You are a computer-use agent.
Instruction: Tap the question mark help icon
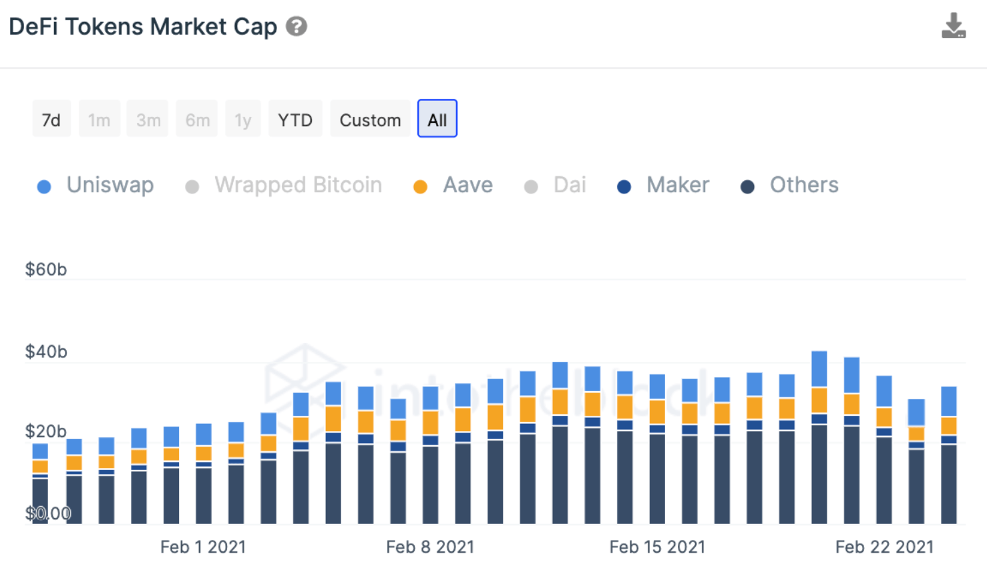click(297, 27)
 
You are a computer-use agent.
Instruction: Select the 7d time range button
click(51, 119)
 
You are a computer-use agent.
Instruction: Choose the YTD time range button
click(295, 119)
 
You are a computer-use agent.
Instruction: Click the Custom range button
click(370, 119)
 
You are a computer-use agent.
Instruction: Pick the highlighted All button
click(437, 119)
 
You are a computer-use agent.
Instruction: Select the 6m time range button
click(197, 119)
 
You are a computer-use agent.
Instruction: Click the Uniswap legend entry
click(95, 185)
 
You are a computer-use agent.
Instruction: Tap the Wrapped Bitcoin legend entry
click(283, 185)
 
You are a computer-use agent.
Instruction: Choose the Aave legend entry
click(453, 185)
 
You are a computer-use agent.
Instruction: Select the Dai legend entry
click(555, 185)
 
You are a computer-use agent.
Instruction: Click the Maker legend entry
click(663, 185)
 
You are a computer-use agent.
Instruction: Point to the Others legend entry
click(789, 185)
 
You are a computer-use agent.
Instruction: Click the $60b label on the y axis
click(46, 269)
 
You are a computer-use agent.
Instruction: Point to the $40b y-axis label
click(46, 352)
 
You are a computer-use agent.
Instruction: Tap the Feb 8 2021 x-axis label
click(430, 547)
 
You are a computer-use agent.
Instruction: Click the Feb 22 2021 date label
click(884, 547)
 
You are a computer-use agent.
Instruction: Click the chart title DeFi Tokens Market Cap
click(143, 27)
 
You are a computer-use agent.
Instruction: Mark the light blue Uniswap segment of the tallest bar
click(819, 369)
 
